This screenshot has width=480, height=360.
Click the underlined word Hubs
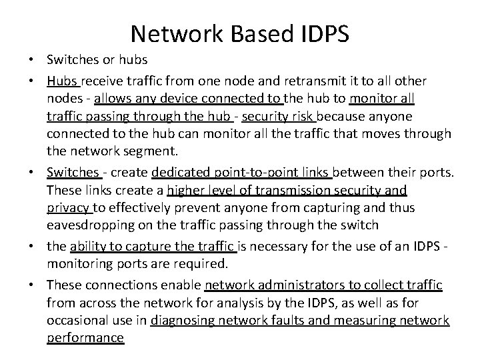click(63, 81)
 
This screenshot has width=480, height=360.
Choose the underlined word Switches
click(73, 173)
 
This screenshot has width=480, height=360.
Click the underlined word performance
click(85, 339)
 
